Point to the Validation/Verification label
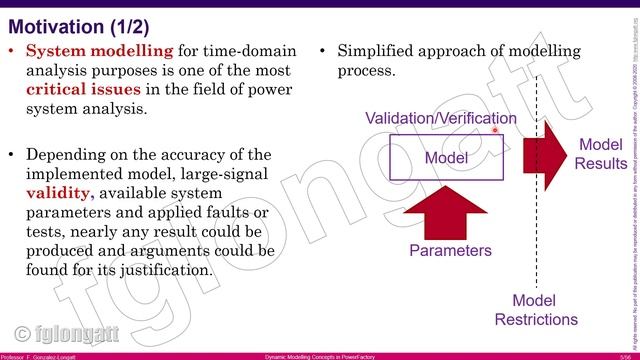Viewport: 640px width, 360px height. [440, 118]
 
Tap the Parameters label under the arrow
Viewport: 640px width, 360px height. [450, 251]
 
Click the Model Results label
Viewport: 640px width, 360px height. [600, 154]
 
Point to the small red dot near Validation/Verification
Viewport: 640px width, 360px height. [495, 129]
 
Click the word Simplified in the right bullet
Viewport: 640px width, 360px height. [373, 51]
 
